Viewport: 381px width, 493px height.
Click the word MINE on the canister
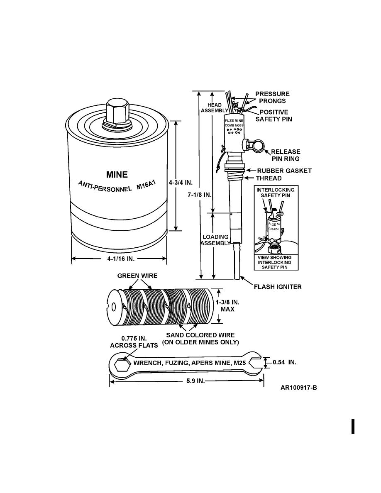pyautogui.click(x=117, y=175)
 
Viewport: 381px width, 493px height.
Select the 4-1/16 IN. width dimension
pyautogui.click(x=120, y=259)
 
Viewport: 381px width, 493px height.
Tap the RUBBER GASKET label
pyautogui.click(x=284, y=171)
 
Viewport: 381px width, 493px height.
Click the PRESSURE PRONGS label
pyautogui.click(x=272, y=97)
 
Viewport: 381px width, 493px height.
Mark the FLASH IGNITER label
pyautogui.click(x=278, y=287)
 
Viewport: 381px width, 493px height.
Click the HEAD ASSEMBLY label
pyautogui.click(x=215, y=108)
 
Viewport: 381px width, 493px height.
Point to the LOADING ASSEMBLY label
pyautogui.click(x=215, y=240)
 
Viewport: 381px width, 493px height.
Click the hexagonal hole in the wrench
pyautogui.click(x=120, y=365)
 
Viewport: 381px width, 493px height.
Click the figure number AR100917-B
pyautogui.click(x=301, y=388)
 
